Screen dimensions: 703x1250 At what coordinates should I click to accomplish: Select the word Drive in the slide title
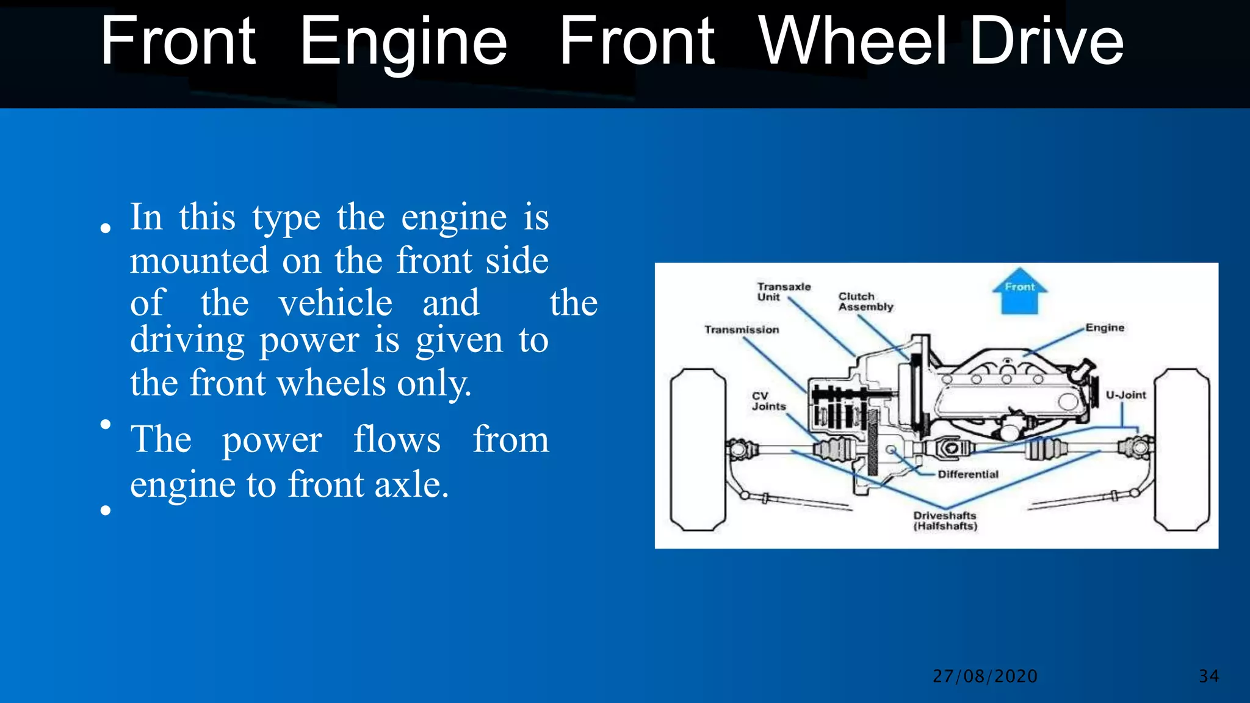[x=1046, y=41]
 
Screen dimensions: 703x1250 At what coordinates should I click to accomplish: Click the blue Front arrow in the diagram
[x=1019, y=291]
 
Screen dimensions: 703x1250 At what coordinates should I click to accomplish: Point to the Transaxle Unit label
[x=783, y=292]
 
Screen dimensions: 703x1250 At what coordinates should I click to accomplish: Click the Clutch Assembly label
[x=865, y=301]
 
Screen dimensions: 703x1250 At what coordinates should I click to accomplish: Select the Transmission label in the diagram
[x=742, y=330]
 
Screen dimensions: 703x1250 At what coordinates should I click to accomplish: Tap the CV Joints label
[x=768, y=401]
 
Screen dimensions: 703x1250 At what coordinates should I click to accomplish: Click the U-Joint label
[x=1125, y=395]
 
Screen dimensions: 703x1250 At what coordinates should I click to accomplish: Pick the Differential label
[x=967, y=474]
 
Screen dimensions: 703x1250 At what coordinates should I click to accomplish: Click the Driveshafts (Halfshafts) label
[x=945, y=521]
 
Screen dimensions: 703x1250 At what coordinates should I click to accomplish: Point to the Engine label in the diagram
[x=1104, y=328]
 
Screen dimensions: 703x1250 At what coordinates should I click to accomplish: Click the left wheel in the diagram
[x=698, y=450]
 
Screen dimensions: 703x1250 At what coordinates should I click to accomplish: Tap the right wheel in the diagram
[x=1182, y=450]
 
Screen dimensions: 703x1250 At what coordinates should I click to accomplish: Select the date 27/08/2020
[x=984, y=676]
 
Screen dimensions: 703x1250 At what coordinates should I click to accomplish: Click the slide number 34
[x=1208, y=676]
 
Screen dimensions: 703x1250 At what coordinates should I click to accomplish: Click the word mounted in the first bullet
[x=199, y=261]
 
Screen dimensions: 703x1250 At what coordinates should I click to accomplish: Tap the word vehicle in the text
[x=335, y=303]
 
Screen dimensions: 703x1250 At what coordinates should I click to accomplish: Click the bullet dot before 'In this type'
[x=106, y=229]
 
